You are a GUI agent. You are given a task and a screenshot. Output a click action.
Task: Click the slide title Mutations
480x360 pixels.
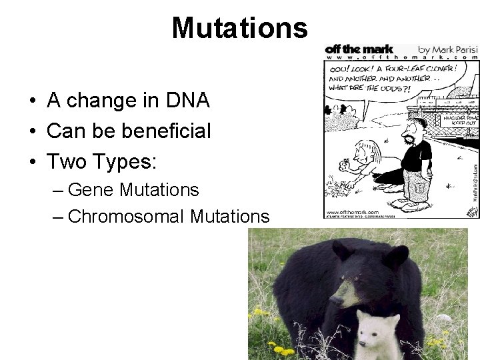pos(239,28)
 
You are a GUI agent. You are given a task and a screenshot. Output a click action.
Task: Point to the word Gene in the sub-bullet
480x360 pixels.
pos(90,190)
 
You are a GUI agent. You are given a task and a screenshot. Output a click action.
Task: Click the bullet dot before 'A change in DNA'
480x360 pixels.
pos(32,102)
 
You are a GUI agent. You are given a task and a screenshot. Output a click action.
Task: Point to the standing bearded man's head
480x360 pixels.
pos(417,127)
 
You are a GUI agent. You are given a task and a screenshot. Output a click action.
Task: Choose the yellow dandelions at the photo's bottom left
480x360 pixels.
pos(277,346)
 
